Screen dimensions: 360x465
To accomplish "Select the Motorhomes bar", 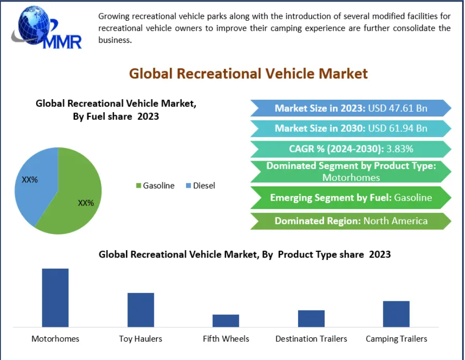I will (55, 297).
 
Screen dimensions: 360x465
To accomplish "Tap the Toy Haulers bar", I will (140, 309).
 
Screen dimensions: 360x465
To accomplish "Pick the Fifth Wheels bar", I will (226, 321).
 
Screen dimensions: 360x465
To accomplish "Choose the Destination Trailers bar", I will (311, 319).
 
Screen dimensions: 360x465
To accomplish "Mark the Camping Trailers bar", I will (396, 314).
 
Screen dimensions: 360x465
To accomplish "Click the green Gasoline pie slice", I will (72, 202).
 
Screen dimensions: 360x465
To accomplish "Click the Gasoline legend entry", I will (155, 186).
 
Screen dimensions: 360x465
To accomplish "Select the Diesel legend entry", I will (201, 186).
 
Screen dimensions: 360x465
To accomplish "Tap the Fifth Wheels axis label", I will (226, 339).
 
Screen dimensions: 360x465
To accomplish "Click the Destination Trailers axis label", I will (311, 339).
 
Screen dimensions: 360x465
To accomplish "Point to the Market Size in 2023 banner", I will (351, 108).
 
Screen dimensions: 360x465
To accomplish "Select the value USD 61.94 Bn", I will (397, 129).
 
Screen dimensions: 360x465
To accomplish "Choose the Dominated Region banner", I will (351, 221).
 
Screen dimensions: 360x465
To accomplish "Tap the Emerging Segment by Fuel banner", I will (351, 197).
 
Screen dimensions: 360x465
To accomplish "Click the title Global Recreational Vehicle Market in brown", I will (248, 74).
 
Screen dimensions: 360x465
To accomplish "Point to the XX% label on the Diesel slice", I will (30, 180).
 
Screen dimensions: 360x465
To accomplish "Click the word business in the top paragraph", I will (114, 40).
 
